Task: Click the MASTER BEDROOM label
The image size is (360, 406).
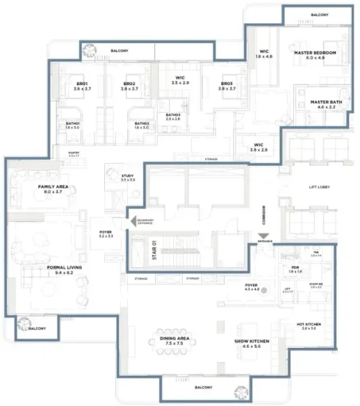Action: tap(315, 52)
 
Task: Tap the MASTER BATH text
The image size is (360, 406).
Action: tap(325, 102)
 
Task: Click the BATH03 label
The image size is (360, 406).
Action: tap(175, 115)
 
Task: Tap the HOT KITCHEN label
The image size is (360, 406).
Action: tap(308, 323)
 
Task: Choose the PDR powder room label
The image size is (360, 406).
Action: tap(295, 267)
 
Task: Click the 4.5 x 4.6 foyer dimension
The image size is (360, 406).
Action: tap(252, 290)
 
